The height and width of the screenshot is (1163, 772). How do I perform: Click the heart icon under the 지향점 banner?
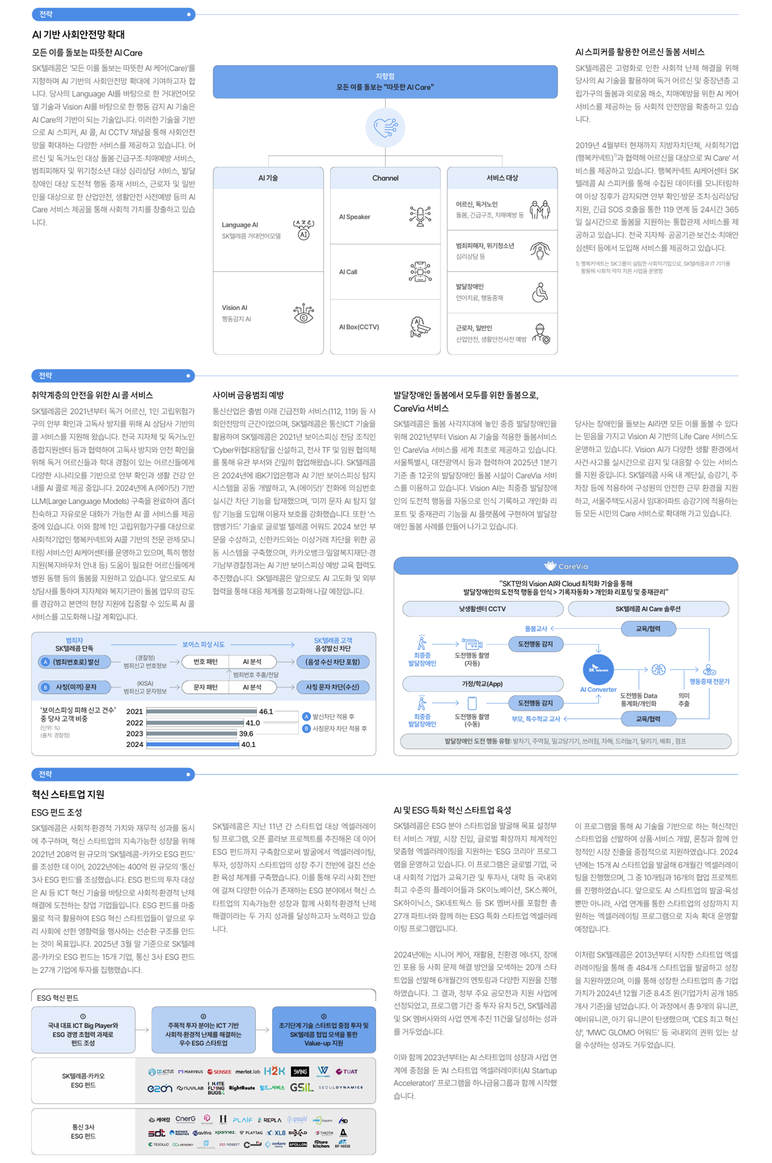[x=385, y=128]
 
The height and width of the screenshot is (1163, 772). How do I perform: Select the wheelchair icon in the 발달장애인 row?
[x=540, y=292]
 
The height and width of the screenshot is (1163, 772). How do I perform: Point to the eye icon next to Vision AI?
[x=303, y=313]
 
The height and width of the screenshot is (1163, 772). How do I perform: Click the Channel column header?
[x=385, y=178]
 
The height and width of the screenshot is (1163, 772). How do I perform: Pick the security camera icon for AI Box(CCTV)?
[x=420, y=327]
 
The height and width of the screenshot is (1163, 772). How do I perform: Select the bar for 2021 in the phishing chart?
[x=202, y=711]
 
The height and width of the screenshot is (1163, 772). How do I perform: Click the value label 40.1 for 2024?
[x=249, y=744]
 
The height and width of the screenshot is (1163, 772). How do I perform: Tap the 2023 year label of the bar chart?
[x=134, y=733]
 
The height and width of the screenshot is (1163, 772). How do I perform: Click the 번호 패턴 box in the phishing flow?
[x=205, y=662]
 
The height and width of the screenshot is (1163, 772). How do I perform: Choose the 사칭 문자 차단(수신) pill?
[x=332, y=687]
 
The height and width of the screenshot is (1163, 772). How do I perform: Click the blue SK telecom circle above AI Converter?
[x=598, y=669]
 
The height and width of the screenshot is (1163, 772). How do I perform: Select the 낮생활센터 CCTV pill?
[x=482, y=609]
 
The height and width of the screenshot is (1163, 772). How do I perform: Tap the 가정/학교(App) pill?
[x=482, y=684]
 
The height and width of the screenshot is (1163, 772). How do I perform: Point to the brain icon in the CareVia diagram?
[x=658, y=669]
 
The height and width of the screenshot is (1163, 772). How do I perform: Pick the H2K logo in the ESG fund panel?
[x=274, y=1071]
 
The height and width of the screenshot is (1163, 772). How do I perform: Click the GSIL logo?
[x=301, y=1087]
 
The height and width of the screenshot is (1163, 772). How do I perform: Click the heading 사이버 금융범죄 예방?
[x=248, y=395]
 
